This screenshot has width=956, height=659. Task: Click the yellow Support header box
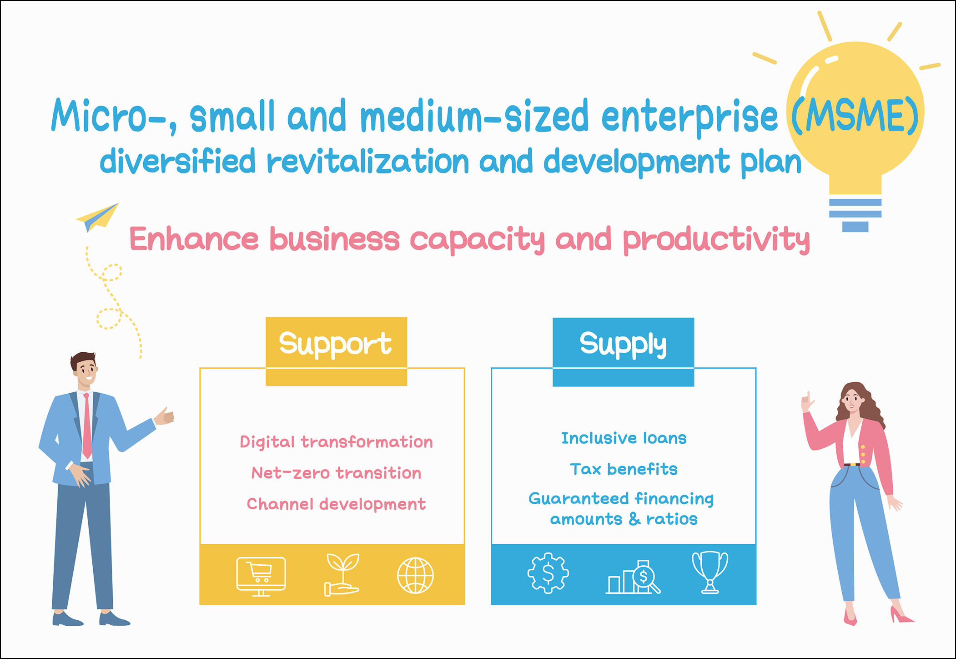pyautogui.click(x=336, y=351)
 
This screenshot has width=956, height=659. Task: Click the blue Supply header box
pyautogui.click(x=623, y=352)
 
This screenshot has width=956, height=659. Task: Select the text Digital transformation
pyautogui.click(x=336, y=442)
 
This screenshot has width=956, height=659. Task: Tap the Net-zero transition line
pyautogui.click(x=336, y=473)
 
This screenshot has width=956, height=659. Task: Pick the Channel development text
pyautogui.click(x=336, y=504)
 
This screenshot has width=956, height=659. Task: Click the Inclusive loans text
pyautogui.click(x=624, y=438)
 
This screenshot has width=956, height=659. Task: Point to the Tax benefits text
pyautogui.click(x=624, y=469)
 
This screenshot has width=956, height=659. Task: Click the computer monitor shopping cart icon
pyautogui.click(x=261, y=576)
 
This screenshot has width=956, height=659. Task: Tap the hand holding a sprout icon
pyautogui.click(x=342, y=575)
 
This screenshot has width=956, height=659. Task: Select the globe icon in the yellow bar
pyautogui.click(x=415, y=575)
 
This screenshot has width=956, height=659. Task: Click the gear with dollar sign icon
pyautogui.click(x=548, y=573)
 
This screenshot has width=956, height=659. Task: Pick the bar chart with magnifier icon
pyautogui.click(x=633, y=577)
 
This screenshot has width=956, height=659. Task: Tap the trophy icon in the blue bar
pyautogui.click(x=710, y=573)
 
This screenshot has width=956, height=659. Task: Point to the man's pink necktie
pyautogui.click(x=86, y=426)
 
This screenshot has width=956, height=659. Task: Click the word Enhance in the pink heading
pyautogui.click(x=194, y=239)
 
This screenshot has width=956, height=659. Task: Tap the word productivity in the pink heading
pyautogui.click(x=716, y=240)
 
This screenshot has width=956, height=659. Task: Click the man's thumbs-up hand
pyautogui.click(x=164, y=416)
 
